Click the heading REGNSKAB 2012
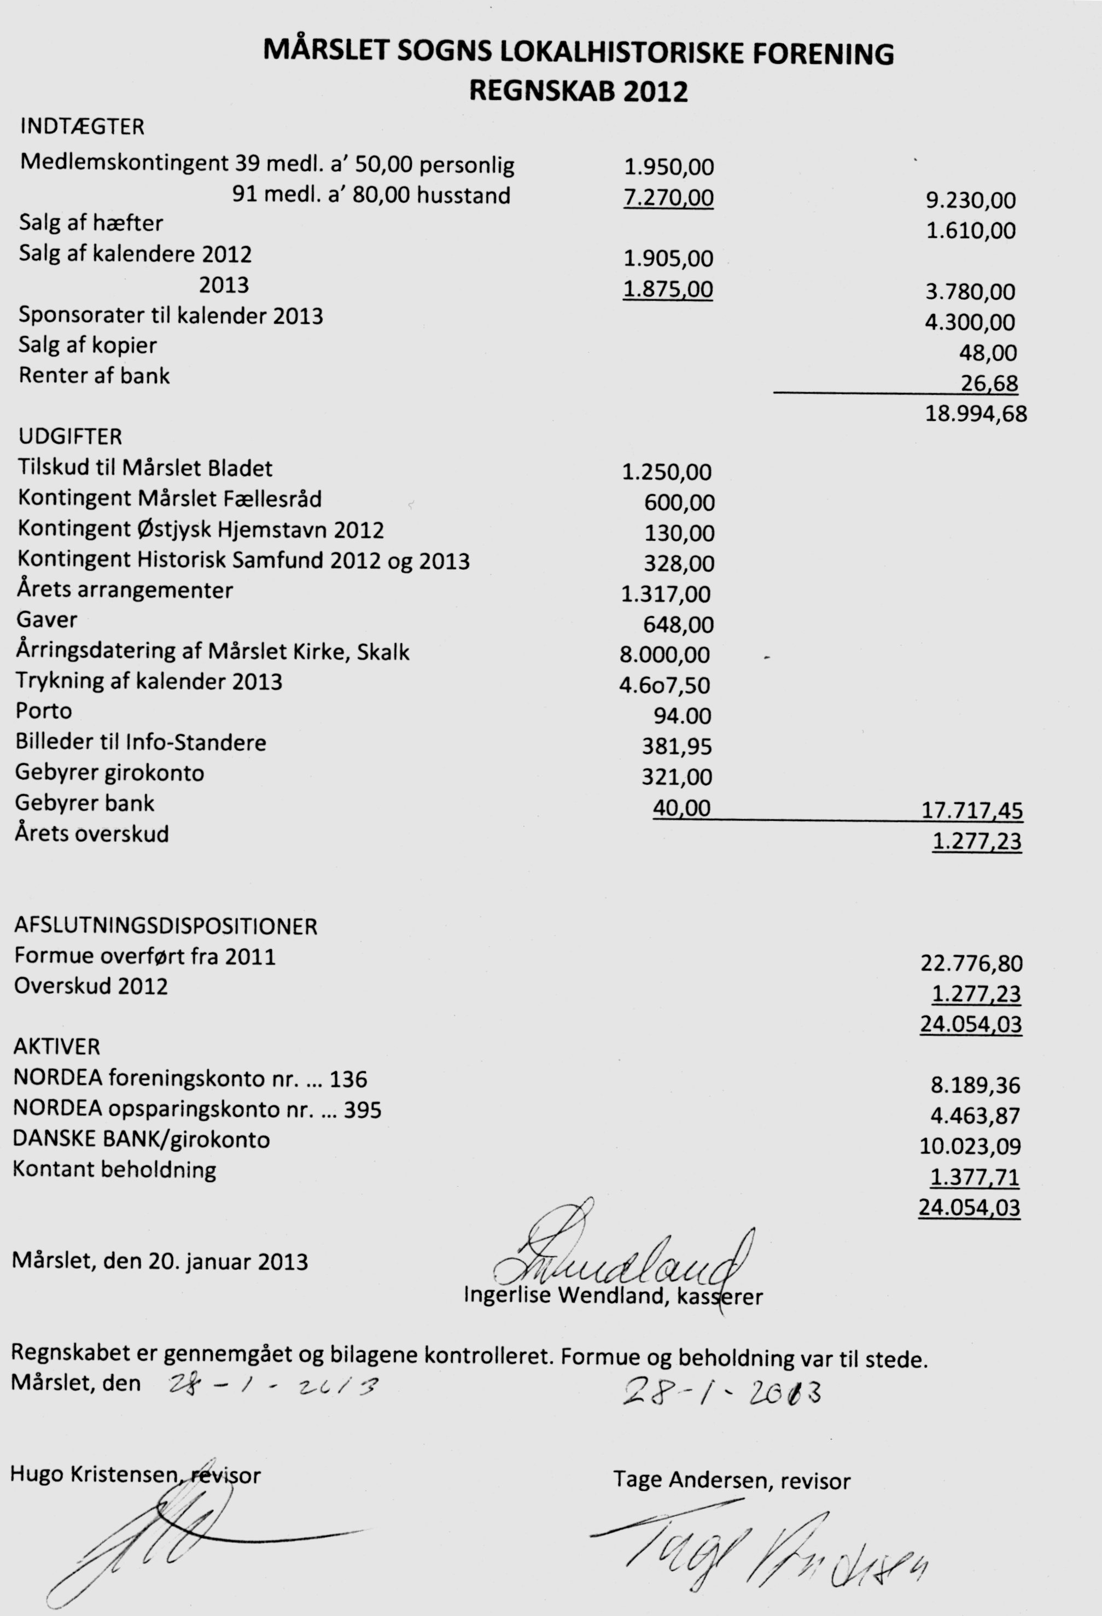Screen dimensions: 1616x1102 click(579, 91)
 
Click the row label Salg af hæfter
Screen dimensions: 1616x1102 click(91, 223)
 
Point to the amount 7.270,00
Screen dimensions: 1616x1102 click(668, 198)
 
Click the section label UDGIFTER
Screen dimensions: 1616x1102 click(70, 437)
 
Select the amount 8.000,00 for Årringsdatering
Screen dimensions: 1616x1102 click(664, 655)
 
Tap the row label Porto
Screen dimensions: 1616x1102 click(44, 710)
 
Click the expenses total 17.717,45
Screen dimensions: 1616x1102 click(972, 811)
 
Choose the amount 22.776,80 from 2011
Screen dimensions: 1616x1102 click(971, 964)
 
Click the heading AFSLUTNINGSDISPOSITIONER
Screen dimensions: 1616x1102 click(166, 926)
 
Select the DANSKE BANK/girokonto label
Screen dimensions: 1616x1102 click(141, 1140)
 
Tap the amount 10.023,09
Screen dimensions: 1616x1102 click(970, 1146)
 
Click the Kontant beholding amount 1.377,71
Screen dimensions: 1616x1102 click(975, 1177)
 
